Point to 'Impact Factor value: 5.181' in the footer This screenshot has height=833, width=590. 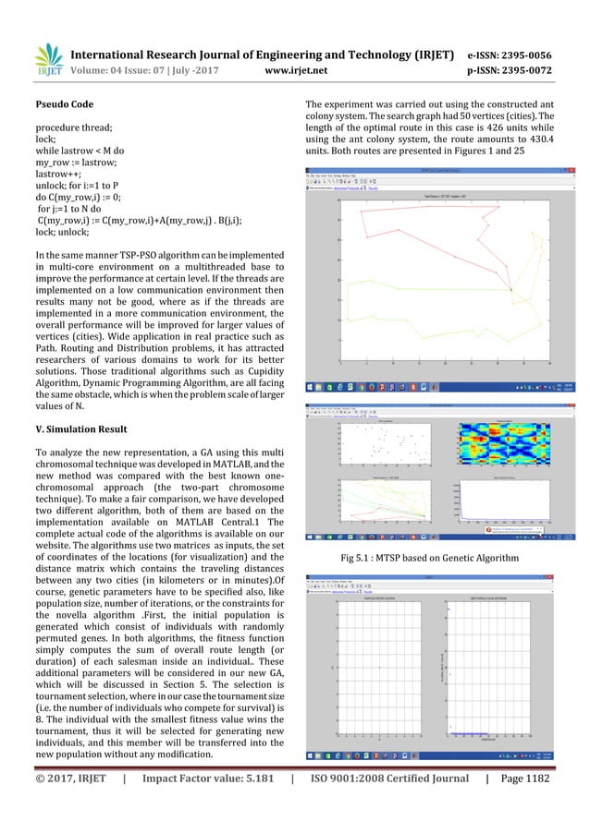tap(209, 804)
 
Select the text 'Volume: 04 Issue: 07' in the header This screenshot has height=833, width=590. tap(119, 67)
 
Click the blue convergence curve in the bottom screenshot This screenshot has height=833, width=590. tap(499, 732)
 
